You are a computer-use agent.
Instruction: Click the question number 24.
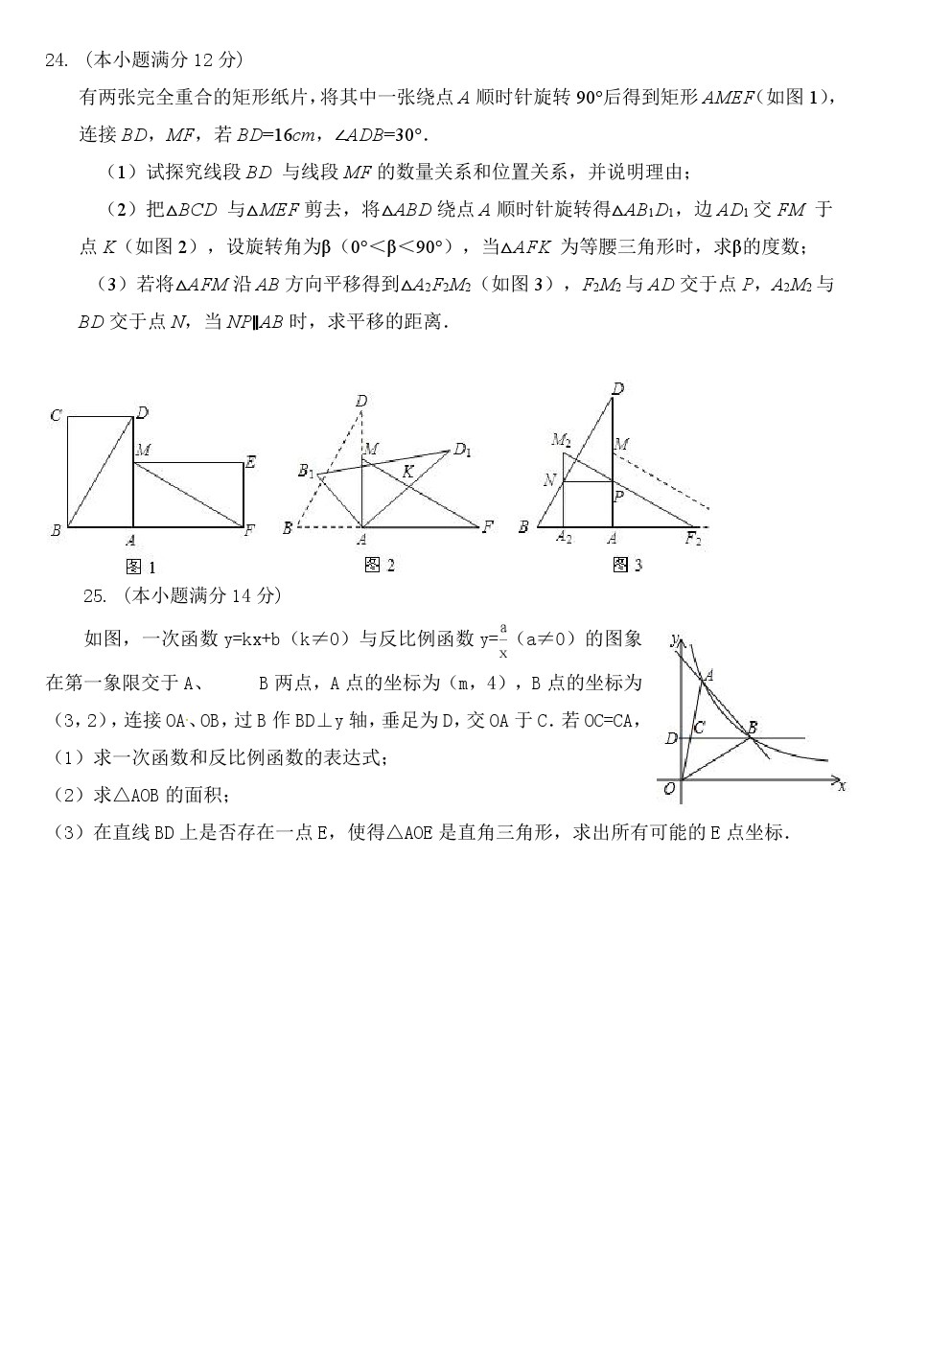coord(56,61)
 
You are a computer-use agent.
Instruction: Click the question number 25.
coord(94,596)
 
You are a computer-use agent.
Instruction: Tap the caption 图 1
coord(141,568)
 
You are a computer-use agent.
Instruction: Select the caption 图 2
coord(380,566)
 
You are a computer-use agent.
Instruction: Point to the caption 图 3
coord(627,566)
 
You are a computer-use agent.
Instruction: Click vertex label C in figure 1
coord(56,415)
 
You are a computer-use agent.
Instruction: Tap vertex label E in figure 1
coord(250,462)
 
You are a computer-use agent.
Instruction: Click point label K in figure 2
coord(407,471)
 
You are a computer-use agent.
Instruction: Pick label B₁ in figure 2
coord(306,470)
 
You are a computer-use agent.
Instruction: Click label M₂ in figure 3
coord(561,440)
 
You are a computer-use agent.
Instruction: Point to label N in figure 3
coord(549,480)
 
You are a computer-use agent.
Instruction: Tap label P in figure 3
coord(619,496)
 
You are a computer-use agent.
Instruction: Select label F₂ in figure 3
coord(693,538)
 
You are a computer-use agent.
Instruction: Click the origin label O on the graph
coord(669,788)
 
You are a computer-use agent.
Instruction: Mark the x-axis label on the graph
coord(842,786)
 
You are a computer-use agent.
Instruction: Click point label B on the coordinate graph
coord(753,728)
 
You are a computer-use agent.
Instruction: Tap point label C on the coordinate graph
coord(699,729)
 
